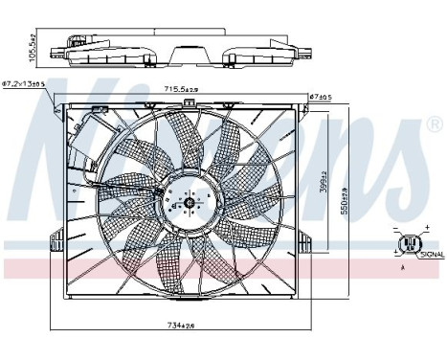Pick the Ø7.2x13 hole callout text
point(24,85)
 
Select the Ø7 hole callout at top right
point(319,97)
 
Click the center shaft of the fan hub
point(189,202)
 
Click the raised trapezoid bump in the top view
point(188,45)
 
